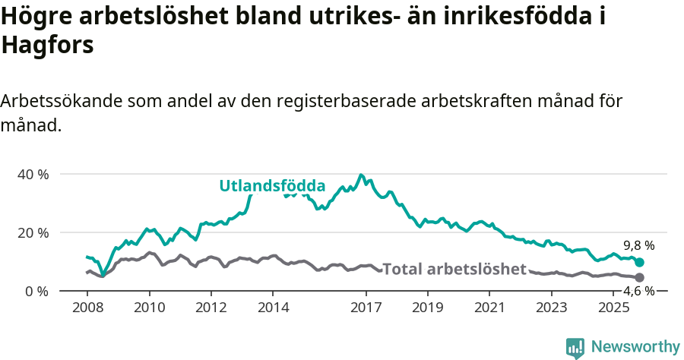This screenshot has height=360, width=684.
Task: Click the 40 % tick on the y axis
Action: coord(33,174)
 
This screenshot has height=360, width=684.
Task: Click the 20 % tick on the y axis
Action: coord(33,232)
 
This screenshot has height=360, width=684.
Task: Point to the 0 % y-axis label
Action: coord(36,291)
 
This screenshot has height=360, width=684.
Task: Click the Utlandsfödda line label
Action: coord(272,185)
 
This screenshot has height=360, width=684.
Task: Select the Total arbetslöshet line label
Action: coord(454,269)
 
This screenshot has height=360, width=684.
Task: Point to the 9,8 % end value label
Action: coord(639,245)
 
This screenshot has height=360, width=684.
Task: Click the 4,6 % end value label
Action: coord(639,291)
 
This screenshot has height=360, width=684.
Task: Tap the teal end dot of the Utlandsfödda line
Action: coord(639,262)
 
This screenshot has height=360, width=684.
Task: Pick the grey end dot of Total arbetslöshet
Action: coord(639,278)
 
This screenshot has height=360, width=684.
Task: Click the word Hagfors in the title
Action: coord(47,46)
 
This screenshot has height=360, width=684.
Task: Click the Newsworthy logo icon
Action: coord(575,347)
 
